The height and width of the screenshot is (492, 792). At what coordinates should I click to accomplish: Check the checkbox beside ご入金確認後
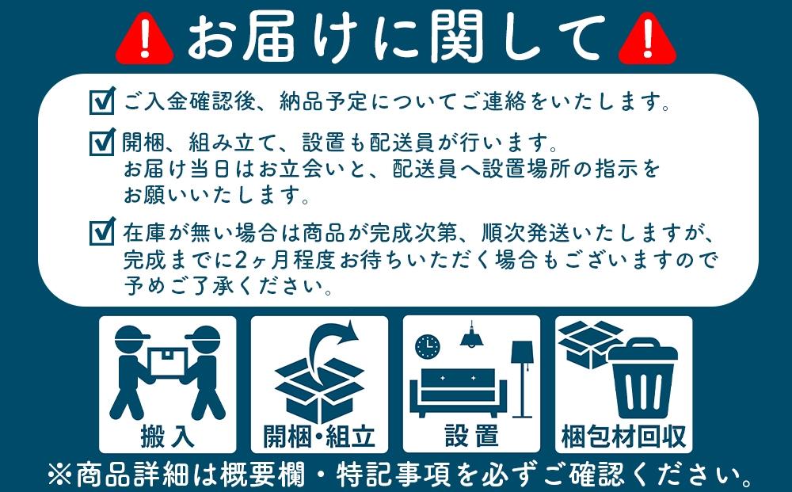coord(102,102)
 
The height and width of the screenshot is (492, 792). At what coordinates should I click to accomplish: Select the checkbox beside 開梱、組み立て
coord(102,144)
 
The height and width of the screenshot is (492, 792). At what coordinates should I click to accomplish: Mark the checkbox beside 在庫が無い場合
coord(102,233)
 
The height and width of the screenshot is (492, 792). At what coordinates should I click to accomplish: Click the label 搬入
coord(167,435)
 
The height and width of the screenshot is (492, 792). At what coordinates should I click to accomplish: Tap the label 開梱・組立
coord(319,435)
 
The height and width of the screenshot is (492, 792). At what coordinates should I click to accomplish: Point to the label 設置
coord(471,435)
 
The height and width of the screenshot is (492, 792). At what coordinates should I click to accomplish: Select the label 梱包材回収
coord(623,435)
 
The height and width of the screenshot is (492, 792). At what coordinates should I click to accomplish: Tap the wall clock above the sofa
coord(427,345)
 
